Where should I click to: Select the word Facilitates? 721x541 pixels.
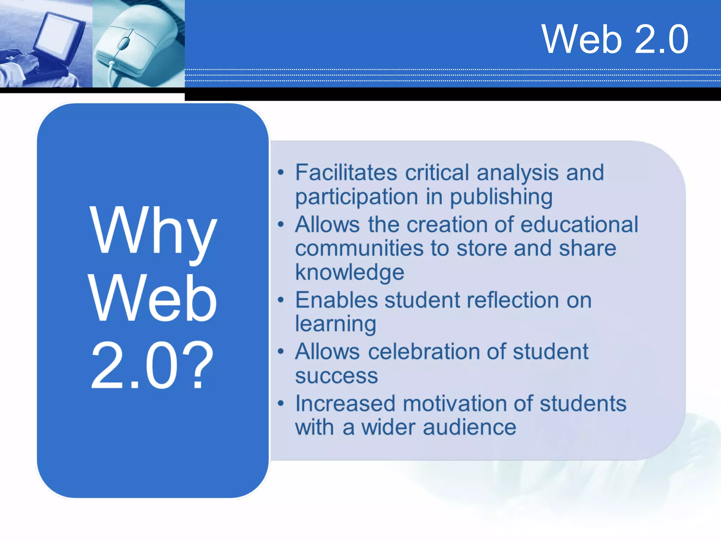(x=346, y=173)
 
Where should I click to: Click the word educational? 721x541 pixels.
(x=579, y=224)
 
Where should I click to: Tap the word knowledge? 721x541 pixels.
(x=350, y=272)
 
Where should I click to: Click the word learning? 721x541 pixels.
(x=336, y=324)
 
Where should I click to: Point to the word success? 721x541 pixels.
(x=336, y=376)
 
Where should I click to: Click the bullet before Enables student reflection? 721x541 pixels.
(x=281, y=300)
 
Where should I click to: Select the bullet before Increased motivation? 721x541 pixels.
(x=281, y=403)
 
